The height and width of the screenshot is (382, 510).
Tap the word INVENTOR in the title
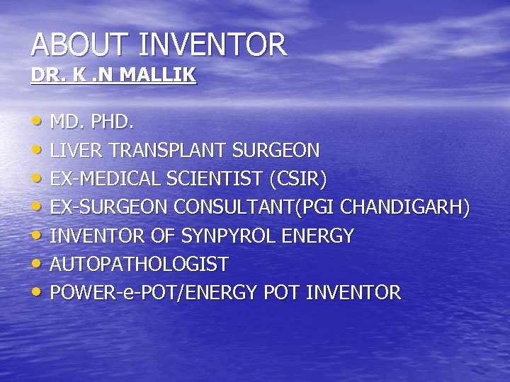tap(213, 45)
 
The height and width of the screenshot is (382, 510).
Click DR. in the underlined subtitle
tap(44, 75)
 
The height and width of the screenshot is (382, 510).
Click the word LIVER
tap(74, 151)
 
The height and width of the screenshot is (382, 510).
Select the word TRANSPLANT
tap(166, 151)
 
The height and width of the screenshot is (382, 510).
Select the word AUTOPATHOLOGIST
tap(140, 264)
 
